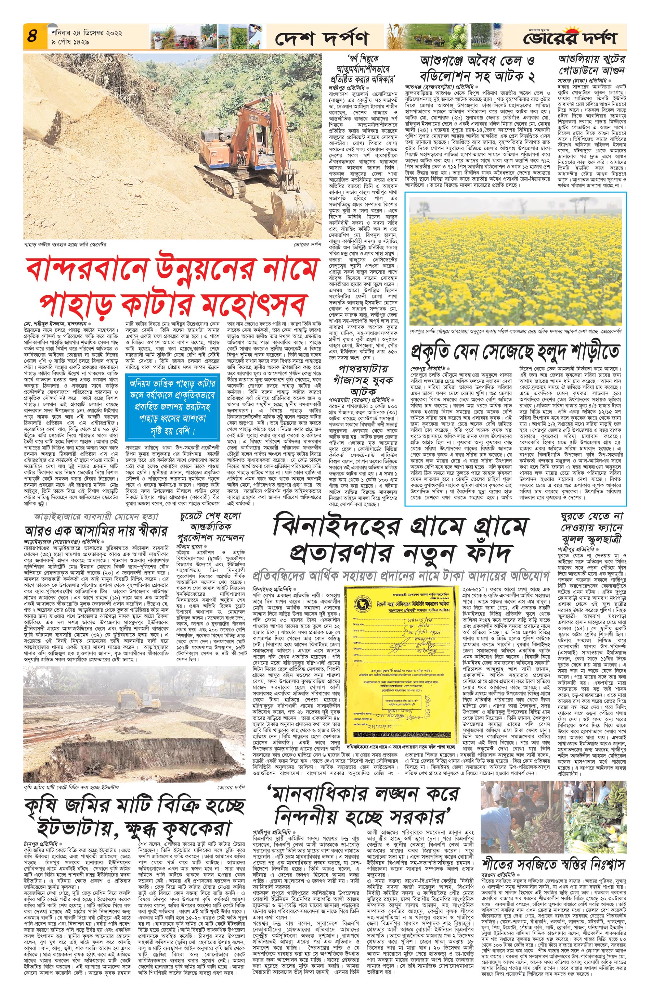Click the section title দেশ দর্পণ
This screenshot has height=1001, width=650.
(x=322, y=39)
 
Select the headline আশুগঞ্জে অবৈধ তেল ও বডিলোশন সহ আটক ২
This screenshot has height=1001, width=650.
(x=478, y=69)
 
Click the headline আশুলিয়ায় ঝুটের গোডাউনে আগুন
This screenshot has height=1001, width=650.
(x=591, y=64)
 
